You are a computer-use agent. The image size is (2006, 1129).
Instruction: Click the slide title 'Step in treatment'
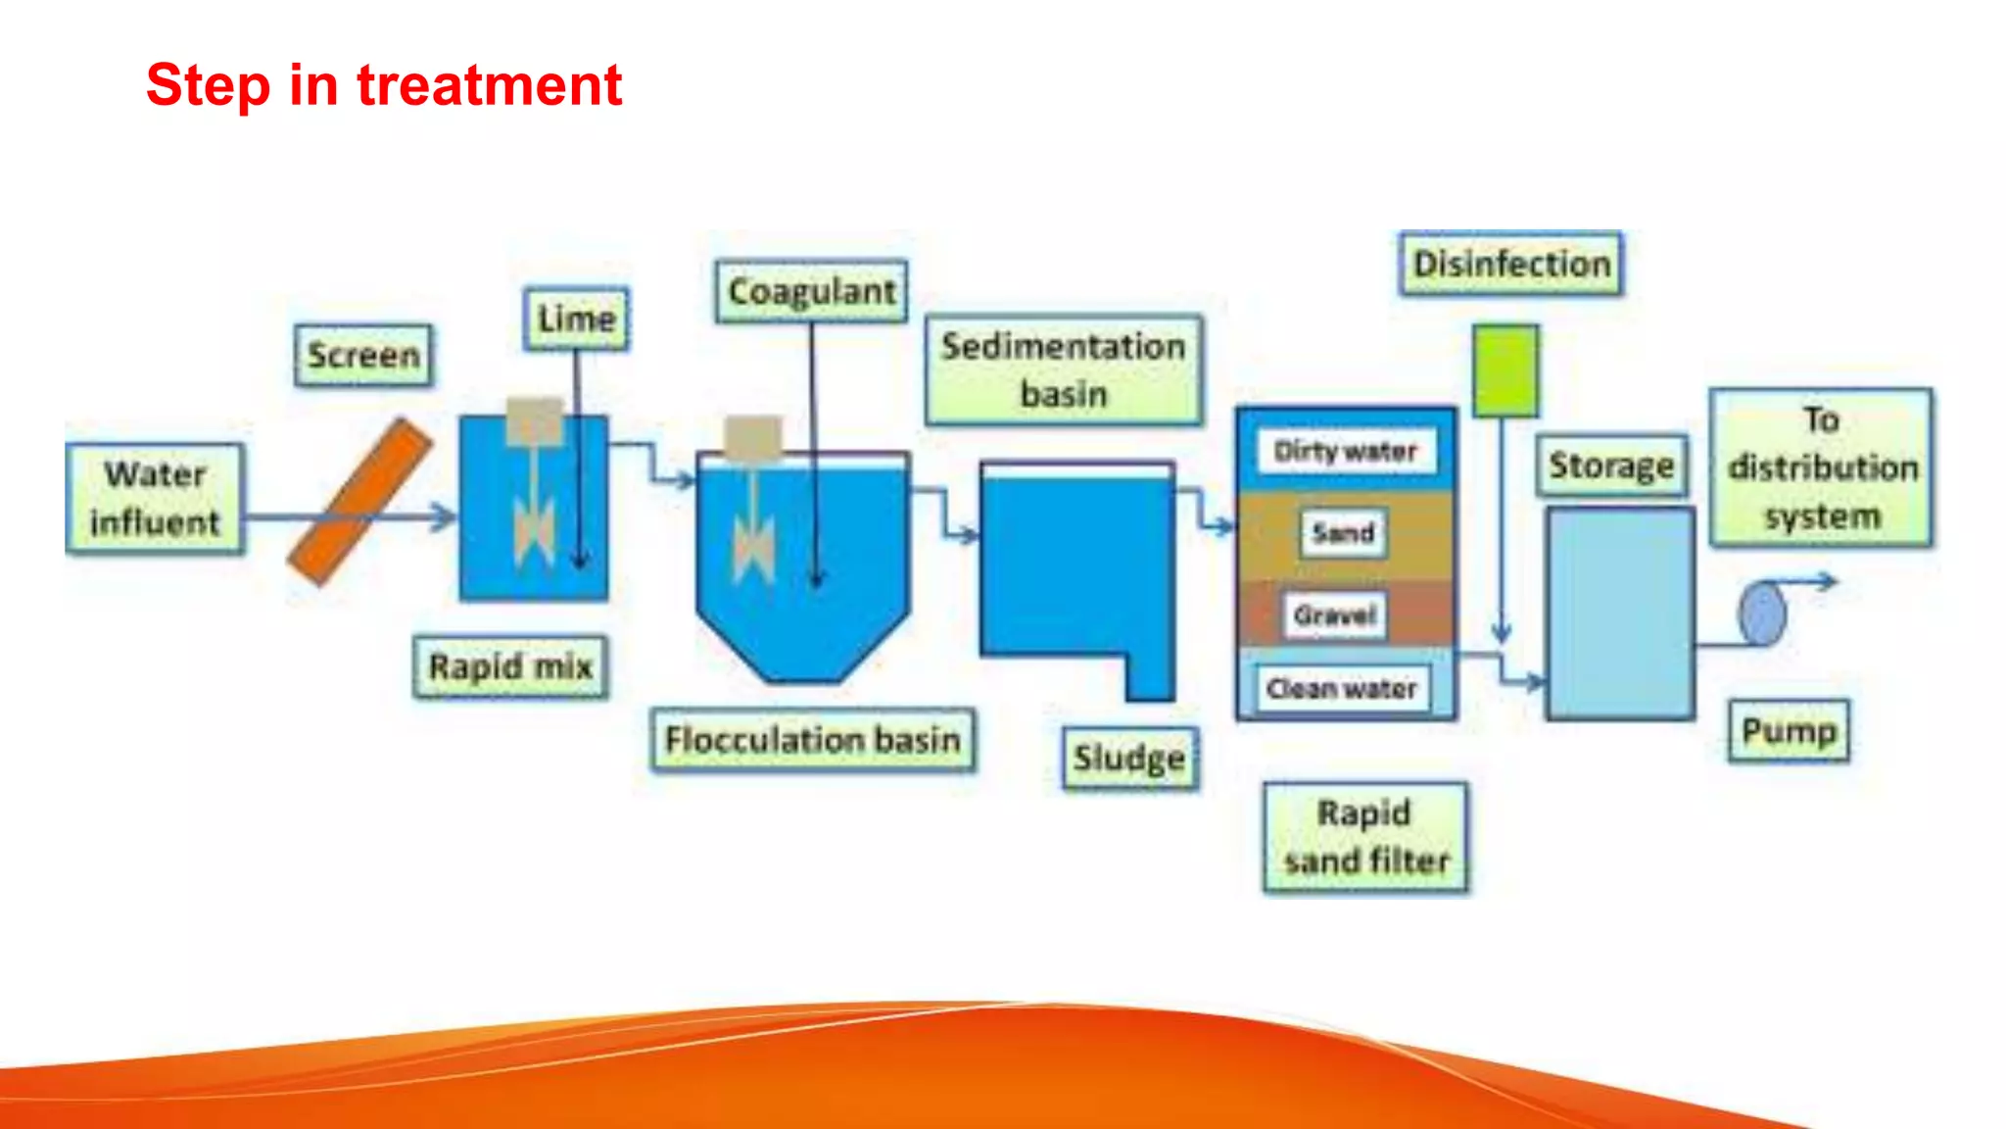[384, 85]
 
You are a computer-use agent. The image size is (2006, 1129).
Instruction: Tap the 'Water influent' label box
[155, 499]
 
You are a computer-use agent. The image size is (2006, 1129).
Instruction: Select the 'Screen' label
[363, 355]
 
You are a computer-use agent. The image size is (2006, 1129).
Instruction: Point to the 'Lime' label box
[576, 319]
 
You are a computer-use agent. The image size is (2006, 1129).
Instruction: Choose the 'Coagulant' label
[811, 291]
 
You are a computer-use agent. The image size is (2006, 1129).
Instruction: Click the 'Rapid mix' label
[510, 666]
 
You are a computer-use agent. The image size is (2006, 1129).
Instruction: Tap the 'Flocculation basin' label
[812, 740]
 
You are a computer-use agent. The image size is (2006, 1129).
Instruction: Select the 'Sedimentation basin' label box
[1064, 369]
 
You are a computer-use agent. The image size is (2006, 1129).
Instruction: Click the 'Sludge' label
[1129, 758]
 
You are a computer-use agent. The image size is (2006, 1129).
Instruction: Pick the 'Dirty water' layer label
[1345, 451]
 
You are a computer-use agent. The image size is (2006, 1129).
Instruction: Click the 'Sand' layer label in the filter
[1343, 533]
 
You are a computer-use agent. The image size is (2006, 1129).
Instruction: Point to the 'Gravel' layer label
[1334, 615]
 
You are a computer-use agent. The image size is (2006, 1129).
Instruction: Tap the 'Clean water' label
[1341, 689]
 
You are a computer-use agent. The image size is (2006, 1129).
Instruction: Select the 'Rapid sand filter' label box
[1365, 837]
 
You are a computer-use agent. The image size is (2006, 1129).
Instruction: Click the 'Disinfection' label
[1510, 264]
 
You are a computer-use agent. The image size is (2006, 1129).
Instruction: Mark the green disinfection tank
[1505, 371]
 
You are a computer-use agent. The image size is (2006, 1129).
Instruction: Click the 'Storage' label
[1611, 466]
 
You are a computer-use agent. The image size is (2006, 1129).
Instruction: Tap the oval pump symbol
[1762, 614]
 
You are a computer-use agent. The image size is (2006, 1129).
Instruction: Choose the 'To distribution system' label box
[1821, 467]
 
